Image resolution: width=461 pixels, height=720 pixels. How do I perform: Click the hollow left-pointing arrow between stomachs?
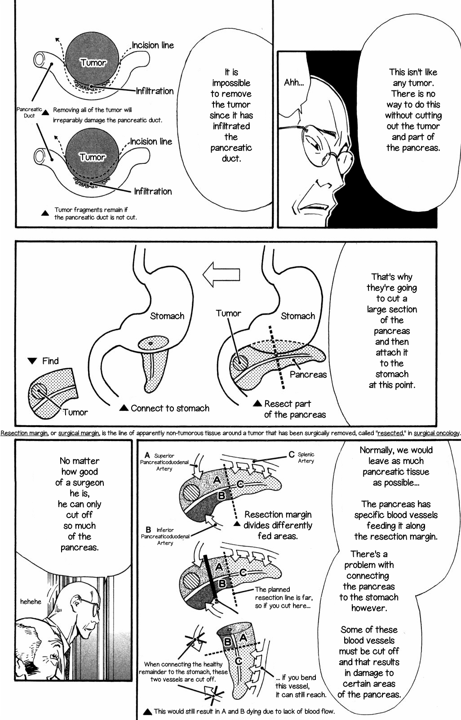tap(221, 274)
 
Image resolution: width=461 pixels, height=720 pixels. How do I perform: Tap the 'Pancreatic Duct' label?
tap(29, 112)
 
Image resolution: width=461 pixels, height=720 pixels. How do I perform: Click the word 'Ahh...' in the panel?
tap(294, 83)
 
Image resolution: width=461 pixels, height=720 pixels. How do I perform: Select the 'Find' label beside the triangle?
tap(50, 361)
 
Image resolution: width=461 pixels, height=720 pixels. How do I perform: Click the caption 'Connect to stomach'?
tap(170, 408)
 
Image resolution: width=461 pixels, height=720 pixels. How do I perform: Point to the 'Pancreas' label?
tap(308, 374)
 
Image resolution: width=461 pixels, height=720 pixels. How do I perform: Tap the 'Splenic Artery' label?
tap(306, 458)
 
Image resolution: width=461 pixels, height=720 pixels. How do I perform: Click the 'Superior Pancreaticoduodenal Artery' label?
tap(164, 462)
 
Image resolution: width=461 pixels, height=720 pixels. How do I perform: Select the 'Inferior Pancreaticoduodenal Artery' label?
tap(165, 536)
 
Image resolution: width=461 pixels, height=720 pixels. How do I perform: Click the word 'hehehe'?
tap(31, 602)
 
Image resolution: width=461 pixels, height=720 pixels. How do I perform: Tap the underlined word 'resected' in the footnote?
tap(390, 433)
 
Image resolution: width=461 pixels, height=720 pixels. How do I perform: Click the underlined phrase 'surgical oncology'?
tap(437, 433)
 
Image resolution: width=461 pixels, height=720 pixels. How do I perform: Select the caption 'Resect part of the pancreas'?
tap(294, 409)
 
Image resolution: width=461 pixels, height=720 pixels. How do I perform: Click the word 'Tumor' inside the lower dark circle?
tap(93, 157)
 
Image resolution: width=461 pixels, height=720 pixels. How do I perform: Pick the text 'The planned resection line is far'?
tap(283, 594)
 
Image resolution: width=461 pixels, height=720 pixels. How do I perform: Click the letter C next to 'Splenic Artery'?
tap(292, 454)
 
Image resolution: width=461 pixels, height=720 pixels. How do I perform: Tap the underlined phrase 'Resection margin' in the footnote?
tap(24, 433)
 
